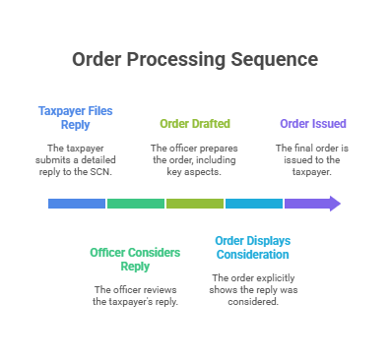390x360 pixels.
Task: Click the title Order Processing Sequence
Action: click(x=195, y=60)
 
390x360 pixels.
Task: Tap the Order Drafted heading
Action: click(x=195, y=124)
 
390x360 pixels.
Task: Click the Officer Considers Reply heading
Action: click(x=135, y=259)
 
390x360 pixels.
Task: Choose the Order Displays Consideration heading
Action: click(x=253, y=247)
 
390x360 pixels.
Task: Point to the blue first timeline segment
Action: click(x=77, y=204)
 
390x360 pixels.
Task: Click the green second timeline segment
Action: click(x=136, y=204)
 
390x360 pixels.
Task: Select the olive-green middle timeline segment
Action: click(x=195, y=204)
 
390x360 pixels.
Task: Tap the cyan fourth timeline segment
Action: click(x=254, y=204)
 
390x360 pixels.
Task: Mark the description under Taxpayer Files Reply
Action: click(x=77, y=159)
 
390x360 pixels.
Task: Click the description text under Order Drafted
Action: click(x=195, y=159)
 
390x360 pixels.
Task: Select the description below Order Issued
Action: click(x=311, y=159)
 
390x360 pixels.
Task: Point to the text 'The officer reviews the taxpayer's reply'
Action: click(x=135, y=295)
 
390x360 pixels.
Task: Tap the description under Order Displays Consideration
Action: click(x=253, y=289)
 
